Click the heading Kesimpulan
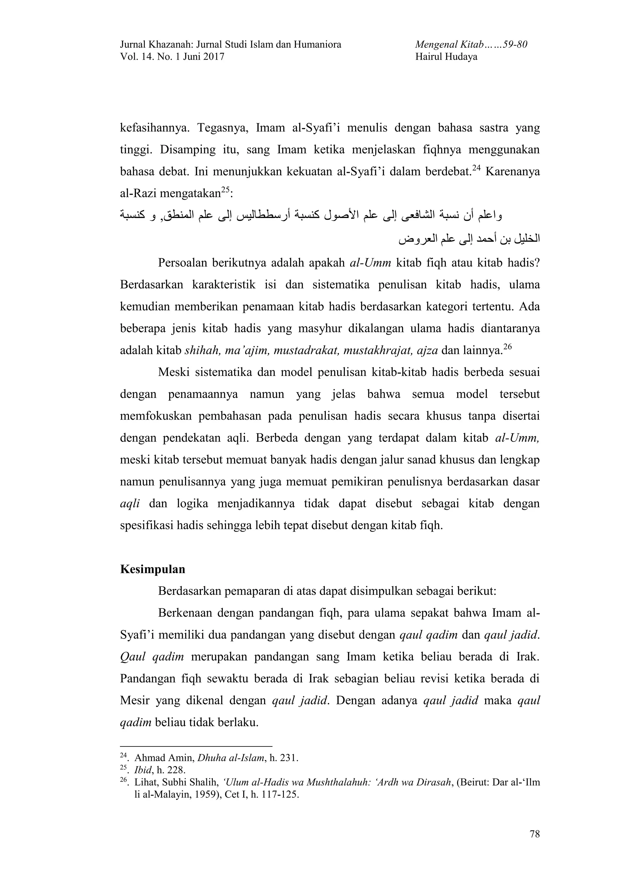(x=153, y=569)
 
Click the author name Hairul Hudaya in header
(x=446, y=57)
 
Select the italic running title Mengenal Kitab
(x=449, y=45)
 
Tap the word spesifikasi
(x=146, y=526)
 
